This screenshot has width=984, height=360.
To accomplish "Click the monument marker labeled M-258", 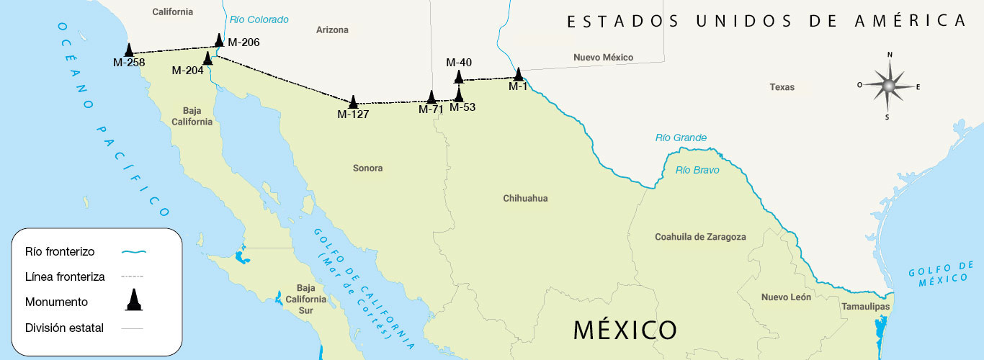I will point(129,50).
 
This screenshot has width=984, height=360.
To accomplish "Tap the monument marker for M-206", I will point(220,40).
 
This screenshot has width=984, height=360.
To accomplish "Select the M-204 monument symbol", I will point(208,58).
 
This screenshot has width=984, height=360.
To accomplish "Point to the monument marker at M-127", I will point(354,102).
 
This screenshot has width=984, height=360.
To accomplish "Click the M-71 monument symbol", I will point(431,97).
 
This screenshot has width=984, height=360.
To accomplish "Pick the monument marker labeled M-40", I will point(458,77).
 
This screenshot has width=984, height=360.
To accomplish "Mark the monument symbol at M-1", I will point(518,73).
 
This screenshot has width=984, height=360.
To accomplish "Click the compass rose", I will point(889,86).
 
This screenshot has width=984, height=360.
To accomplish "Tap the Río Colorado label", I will point(259,19).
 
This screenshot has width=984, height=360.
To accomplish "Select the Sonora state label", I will point(367,168).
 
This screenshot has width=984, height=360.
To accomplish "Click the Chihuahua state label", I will point(525,198).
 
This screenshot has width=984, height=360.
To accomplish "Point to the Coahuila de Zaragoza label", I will point(700,237).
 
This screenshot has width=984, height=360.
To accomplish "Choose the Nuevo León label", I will point(786,297).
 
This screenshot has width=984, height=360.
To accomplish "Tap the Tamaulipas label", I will point(865,307).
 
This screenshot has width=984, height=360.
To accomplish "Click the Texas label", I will point(782,87).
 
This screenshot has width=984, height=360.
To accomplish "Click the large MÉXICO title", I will point(625,330).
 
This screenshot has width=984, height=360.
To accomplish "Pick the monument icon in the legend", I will point(133,300).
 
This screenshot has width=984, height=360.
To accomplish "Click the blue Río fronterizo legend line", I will point(133,252).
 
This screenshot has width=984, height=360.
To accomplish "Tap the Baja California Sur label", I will point(306,299).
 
